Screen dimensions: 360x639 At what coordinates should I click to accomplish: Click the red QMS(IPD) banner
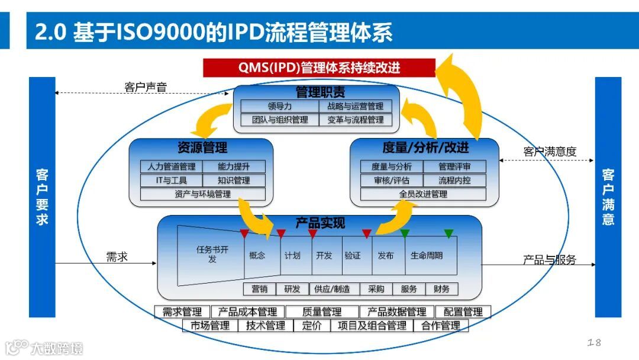319,67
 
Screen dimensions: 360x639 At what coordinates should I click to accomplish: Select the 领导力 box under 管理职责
279,107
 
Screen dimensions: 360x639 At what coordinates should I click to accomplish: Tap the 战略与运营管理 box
355,107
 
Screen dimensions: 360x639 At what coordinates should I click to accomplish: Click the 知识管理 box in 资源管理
234,180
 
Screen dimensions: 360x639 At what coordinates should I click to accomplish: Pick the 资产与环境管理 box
202,194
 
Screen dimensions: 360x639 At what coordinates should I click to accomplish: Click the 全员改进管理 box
423,194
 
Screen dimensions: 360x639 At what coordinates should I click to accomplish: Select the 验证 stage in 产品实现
353,256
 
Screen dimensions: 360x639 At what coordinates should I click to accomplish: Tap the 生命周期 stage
427,256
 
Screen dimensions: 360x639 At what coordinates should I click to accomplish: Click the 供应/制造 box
332,289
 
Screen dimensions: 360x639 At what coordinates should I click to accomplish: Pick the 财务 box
441,289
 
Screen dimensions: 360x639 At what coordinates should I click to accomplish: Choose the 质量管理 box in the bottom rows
322,312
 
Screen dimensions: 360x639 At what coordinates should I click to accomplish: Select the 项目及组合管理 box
372,326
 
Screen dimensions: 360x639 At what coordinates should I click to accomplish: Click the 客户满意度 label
550,152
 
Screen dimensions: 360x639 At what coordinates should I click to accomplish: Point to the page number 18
594,342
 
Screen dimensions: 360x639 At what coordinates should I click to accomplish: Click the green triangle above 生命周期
448,234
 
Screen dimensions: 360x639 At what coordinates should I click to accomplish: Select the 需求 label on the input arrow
117,256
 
